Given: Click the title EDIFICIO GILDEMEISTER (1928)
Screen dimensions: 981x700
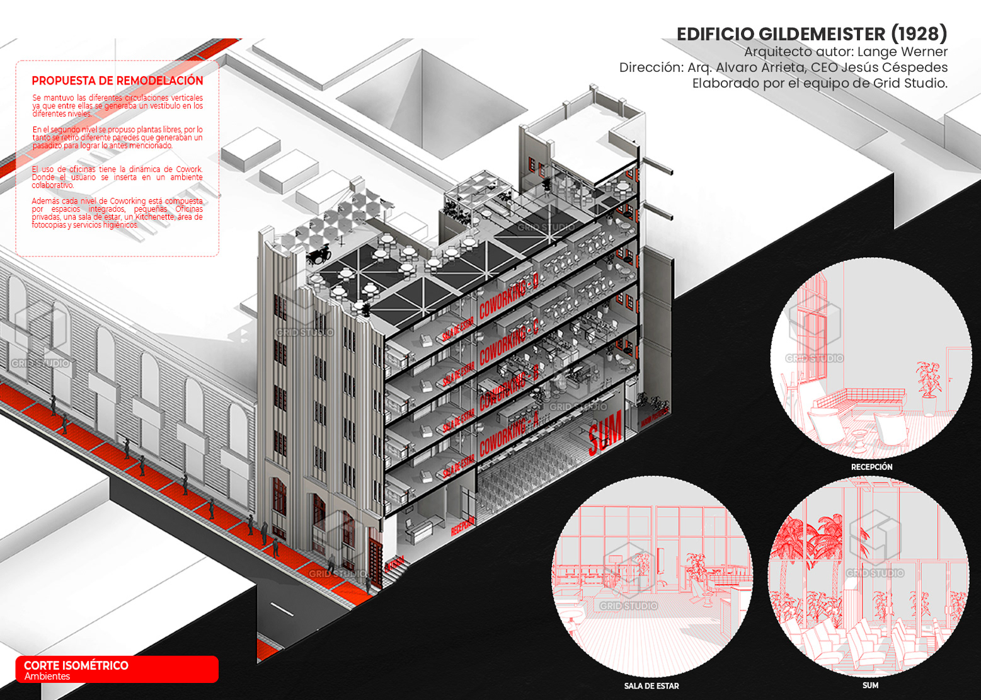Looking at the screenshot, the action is (x=812, y=34).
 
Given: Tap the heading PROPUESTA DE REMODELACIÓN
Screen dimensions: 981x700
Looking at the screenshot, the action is (x=117, y=81).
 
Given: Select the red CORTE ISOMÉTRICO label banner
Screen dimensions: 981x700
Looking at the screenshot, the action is (x=117, y=669).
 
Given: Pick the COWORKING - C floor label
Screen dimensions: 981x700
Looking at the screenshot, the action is (x=509, y=344).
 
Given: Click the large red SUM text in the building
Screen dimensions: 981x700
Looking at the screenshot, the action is (x=605, y=431).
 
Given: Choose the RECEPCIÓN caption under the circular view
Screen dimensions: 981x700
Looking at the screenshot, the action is (x=871, y=467).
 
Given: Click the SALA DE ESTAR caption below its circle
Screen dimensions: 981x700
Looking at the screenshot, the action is (x=651, y=686).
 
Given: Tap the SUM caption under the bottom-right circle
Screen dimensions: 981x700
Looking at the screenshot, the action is (x=870, y=685).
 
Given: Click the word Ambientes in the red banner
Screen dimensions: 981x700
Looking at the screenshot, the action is (x=47, y=676).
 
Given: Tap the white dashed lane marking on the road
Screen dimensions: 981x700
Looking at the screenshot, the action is (x=282, y=609).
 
